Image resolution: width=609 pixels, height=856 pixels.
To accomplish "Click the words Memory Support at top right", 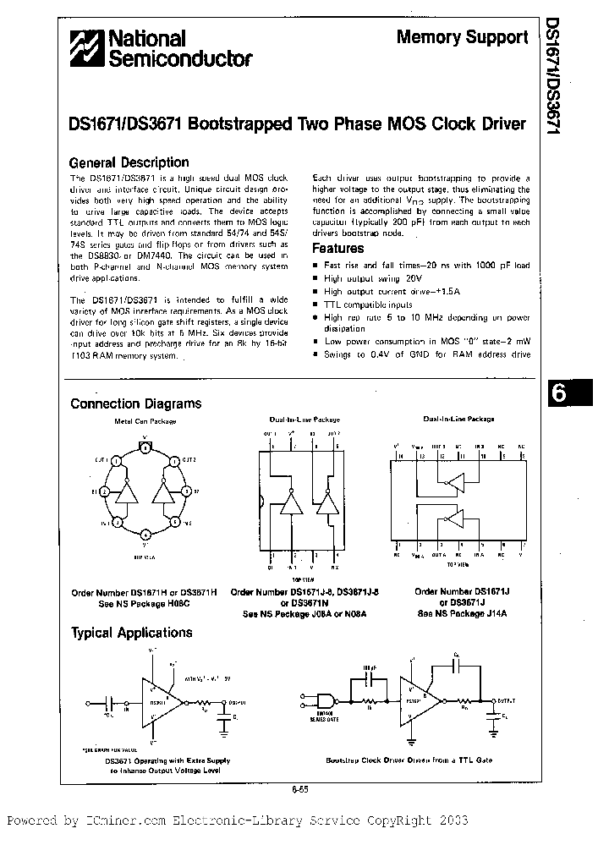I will (462, 37).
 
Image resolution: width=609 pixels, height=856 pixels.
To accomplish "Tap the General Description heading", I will (128, 162).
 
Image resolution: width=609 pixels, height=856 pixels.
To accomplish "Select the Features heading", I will (337, 249).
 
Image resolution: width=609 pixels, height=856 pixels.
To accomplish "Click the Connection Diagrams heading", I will (135, 404).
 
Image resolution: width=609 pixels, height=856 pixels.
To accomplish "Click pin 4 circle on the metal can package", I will (145, 534).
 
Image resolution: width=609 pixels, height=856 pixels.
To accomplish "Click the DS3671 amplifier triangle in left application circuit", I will (158, 702).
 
